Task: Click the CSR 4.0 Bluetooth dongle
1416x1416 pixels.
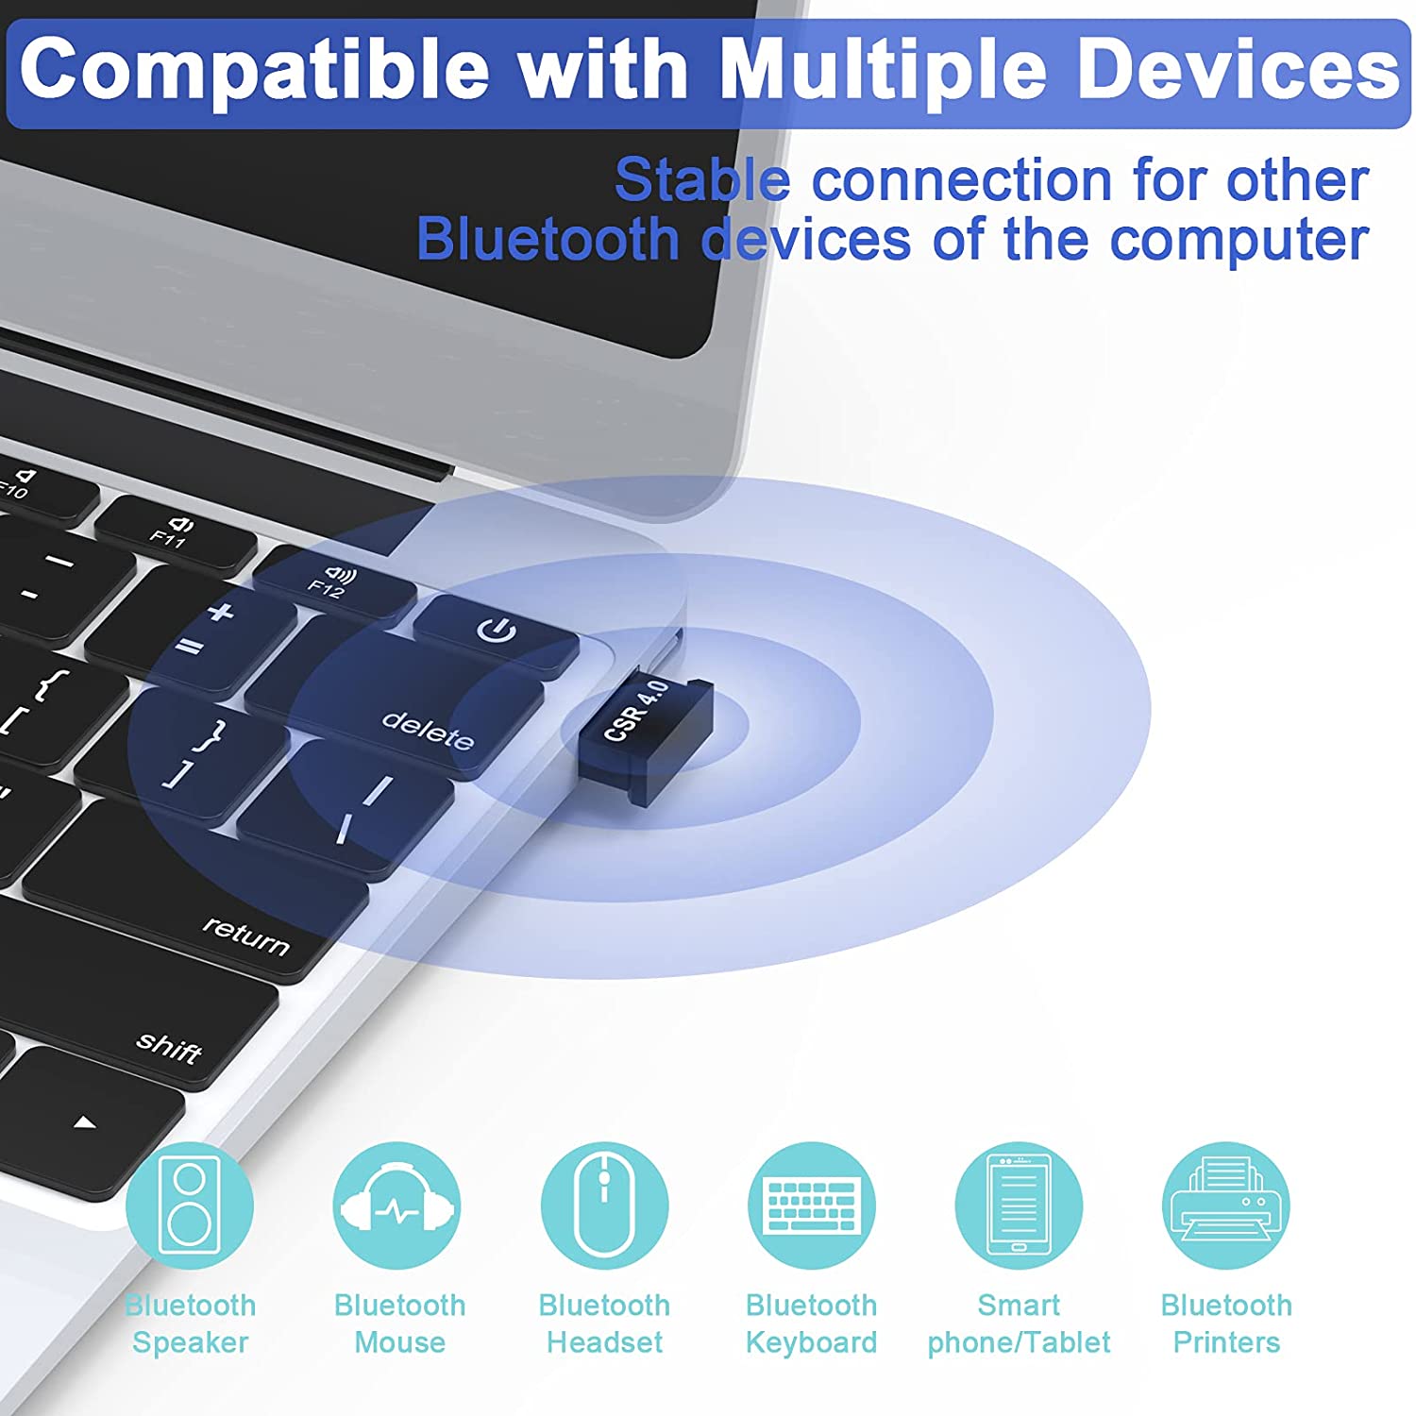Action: click(645, 737)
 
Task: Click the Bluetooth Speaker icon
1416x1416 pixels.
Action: click(190, 1205)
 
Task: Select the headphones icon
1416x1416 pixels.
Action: click(397, 1205)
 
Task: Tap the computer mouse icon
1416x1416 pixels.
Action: click(604, 1205)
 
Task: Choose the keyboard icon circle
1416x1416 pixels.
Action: click(812, 1205)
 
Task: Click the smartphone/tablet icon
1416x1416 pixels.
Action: click(1019, 1205)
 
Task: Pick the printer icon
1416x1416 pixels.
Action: click(1226, 1205)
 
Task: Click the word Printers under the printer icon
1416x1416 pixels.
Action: click(1226, 1341)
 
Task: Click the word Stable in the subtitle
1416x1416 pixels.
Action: click(702, 179)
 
